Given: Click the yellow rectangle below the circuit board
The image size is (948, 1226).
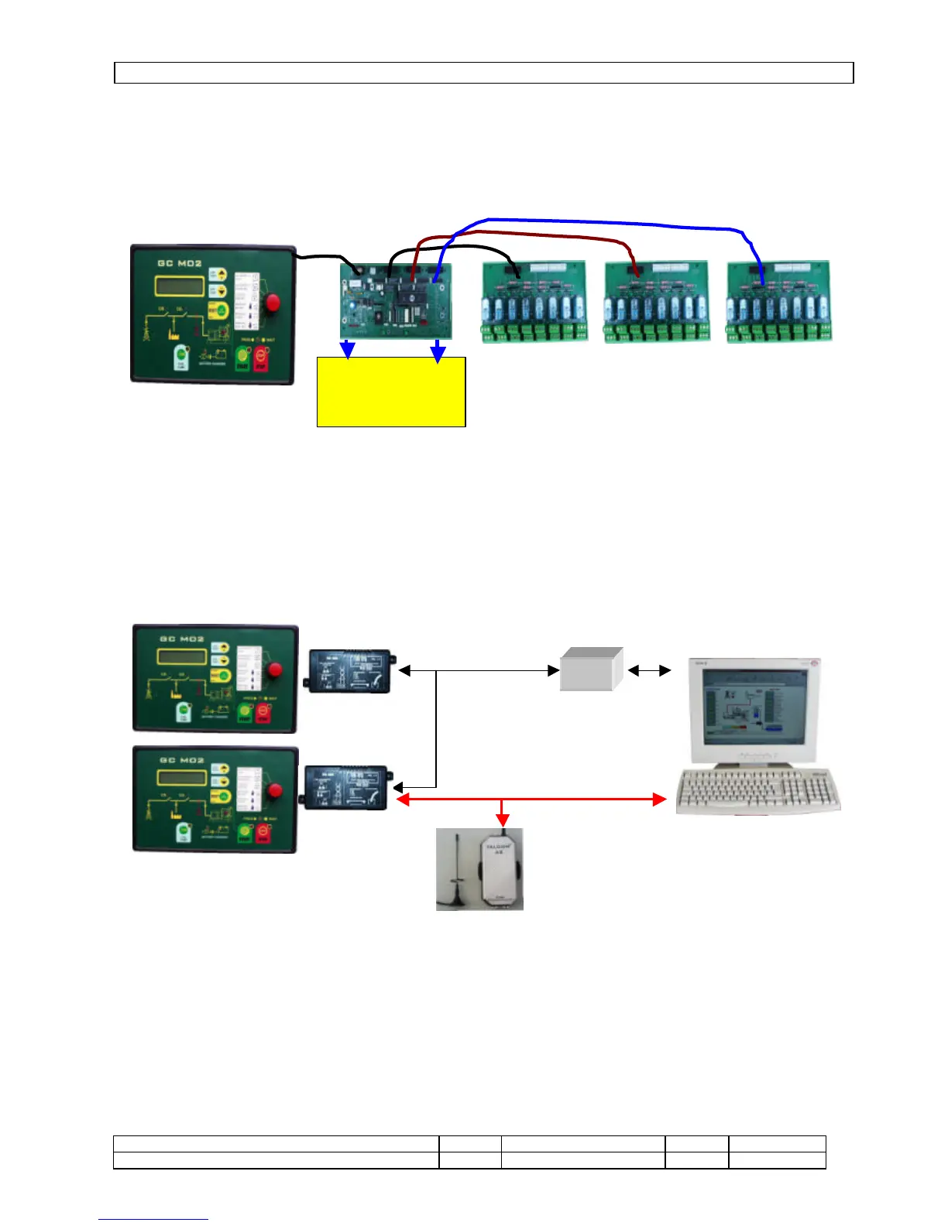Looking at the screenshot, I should [391, 392].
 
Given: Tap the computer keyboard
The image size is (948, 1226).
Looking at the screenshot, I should [757, 791].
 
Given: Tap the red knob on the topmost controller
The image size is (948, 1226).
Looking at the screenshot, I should [273, 303].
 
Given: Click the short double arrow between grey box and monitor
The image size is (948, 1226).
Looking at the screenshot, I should [649, 671].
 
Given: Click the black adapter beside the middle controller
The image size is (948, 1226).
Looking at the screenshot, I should [349, 670].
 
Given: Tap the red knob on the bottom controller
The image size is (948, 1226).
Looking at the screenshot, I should [274, 790].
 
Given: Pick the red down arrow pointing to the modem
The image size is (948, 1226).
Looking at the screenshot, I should [503, 817].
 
